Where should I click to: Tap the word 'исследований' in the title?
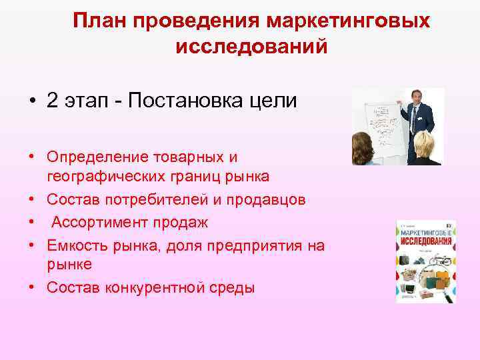tap(251, 47)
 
